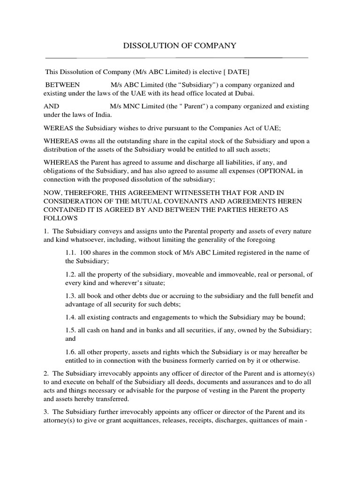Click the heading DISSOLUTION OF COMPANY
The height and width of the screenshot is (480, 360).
click(180, 45)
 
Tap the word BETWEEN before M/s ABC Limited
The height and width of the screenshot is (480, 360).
click(62, 85)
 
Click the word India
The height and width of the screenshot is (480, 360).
click(103, 115)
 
